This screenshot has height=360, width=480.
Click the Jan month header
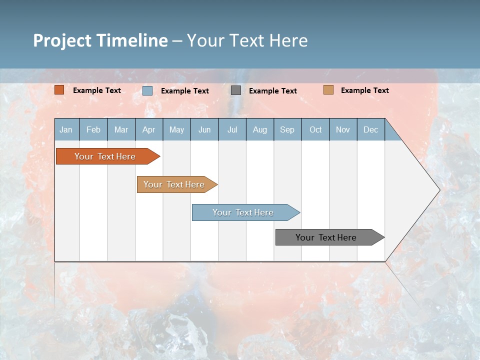(x=66, y=129)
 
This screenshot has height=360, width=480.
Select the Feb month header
(x=93, y=129)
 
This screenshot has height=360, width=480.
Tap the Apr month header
(x=148, y=129)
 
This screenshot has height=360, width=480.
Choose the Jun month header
(x=204, y=129)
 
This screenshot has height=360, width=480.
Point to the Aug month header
(x=259, y=129)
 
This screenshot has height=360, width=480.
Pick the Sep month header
(x=287, y=129)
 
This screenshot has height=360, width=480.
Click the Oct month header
(x=315, y=129)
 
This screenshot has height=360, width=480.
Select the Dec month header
(x=370, y=129)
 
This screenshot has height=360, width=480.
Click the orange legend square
(x=59, y=90)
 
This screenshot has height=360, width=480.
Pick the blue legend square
(x=147, y=90)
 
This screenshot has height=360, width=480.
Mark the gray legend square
(x=236, y=90)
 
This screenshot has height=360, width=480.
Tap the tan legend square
(x=328, y=90)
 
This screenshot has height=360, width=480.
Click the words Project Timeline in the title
(x=100, y=40)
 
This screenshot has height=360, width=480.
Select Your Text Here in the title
(x=247, y=40)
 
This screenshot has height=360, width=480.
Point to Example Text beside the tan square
(x=364, y=90)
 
